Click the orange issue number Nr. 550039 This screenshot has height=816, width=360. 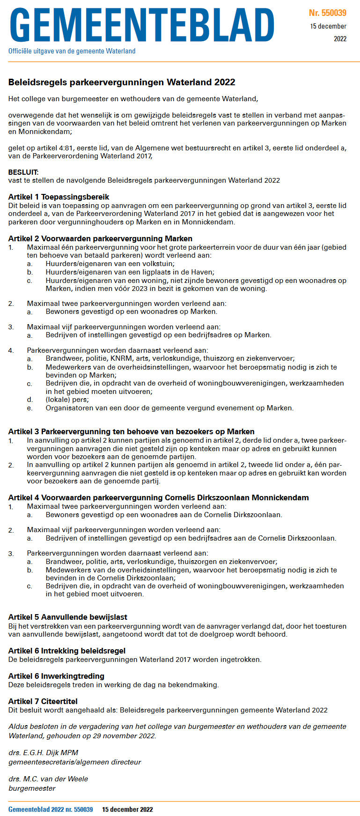coord(328,13)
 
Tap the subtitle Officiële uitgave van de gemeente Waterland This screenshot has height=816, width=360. coord(72,51)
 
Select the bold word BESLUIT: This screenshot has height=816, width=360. coord(23,172)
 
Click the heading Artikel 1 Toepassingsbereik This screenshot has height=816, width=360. coord(59,197)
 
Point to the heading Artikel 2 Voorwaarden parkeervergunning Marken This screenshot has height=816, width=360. coord(100,238)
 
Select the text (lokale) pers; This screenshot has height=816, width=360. coord(67,400)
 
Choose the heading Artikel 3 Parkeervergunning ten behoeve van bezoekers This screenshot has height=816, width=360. coord(131,431)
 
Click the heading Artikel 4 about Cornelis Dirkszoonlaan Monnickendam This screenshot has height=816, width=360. coord(158,497)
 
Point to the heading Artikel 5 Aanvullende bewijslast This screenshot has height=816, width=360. coord(67,617)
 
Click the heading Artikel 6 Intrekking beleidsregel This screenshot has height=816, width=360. coord(66,651)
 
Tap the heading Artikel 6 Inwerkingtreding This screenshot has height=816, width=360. coord(56,676)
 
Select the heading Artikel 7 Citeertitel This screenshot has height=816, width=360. coord(43,701)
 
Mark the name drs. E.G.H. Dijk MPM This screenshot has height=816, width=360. coord(43,753)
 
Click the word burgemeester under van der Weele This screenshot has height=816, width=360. coord(32,788)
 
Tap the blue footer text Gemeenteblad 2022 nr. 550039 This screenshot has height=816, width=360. coord(51,809)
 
